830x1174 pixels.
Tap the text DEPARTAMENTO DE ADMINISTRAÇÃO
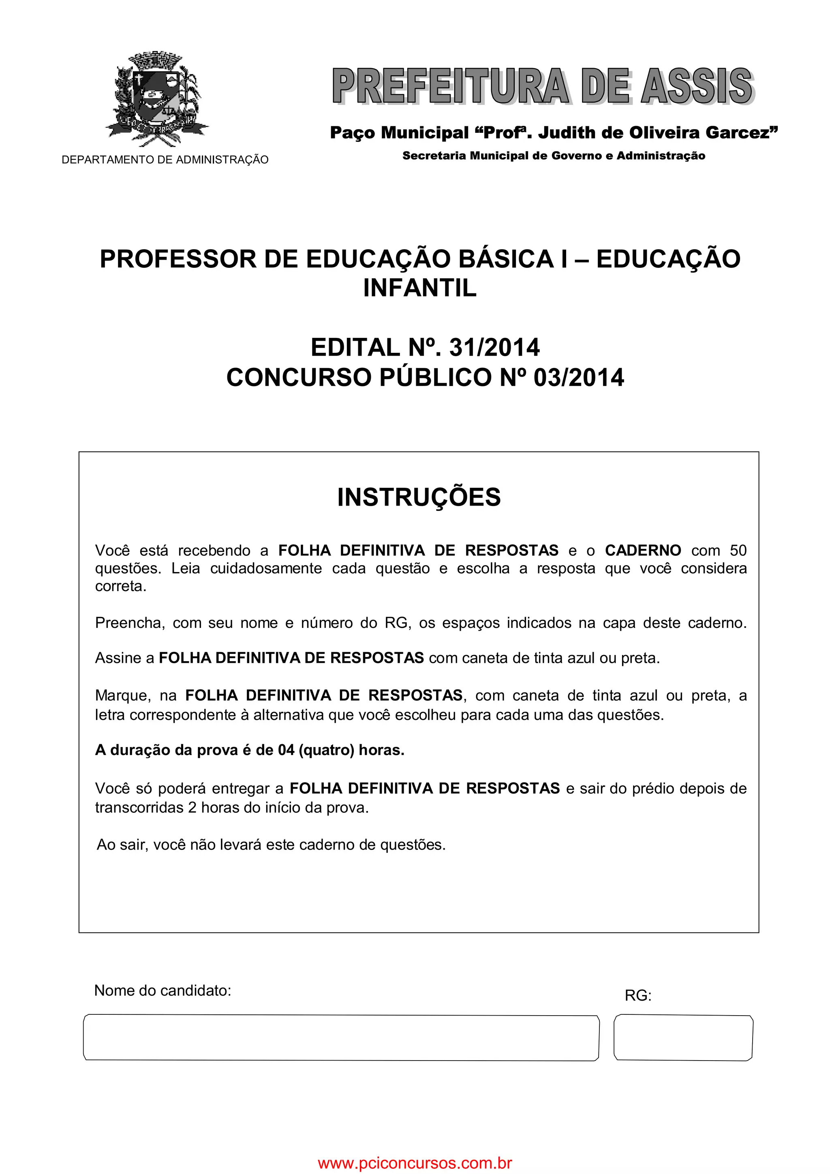coord(165,160)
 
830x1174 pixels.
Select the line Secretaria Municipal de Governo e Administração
coord(553,156)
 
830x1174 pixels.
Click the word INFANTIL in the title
coord(419,288)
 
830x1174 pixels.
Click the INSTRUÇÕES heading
coord(419,497)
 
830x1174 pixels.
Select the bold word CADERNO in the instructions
coord(643,551)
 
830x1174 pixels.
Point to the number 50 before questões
coord(738,551)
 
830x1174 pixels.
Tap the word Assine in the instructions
coord(119,658)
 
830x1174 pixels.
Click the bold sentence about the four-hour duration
coord(250,750)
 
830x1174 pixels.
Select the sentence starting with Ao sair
coord(271,845)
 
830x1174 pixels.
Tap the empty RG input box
coord(683,1038)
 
